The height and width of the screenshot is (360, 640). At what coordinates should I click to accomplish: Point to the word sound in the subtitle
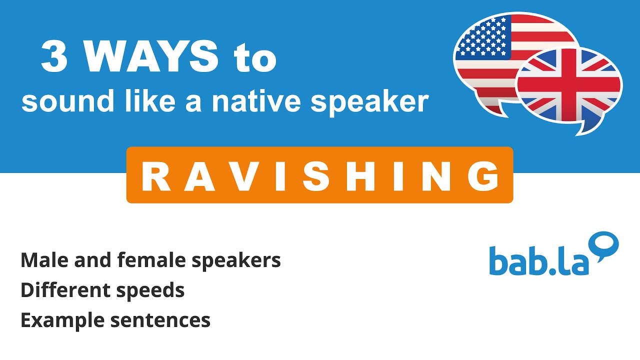pos(54,101)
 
